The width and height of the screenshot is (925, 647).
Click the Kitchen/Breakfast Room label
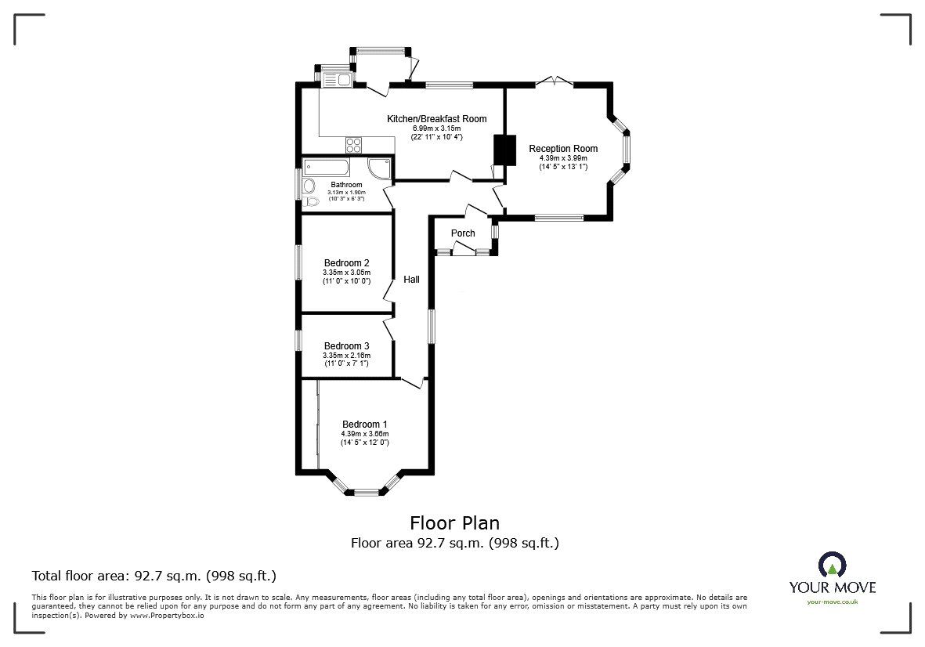pyautogui.click(x=436, y=119)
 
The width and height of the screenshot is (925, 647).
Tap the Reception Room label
pyautogui.click(x=562, y=149)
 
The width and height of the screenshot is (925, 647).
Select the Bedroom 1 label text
pyautogui.click(x=364, y=425)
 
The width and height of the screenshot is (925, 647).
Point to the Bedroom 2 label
pyautogui.click(x=346, y=263)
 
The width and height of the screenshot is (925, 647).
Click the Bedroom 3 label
pyautogui.click(x=346, y=346)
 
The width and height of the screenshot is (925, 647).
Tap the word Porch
pyautogui.click(x=463, y=233)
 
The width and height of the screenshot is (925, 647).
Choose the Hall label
pyautogui.click(x=411, y=280)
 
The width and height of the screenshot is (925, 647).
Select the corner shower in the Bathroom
pyautogui.click(x=379, y=168)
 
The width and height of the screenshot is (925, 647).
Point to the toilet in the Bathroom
pyautogui.click(x=312, y=202)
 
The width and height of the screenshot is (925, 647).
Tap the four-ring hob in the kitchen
pyautogui.click(x=354, y=145)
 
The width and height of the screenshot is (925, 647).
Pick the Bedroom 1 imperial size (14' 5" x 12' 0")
pyautogui.click(x=364, y=443)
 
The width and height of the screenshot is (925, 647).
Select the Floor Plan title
pyautogui.click(x=454, y=522)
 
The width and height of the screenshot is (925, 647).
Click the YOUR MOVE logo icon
pyautogui.click(x=832, y=564)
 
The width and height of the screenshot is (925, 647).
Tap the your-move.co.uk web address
pyautogui.click(x=832, y=602)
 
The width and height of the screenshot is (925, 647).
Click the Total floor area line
pyautogui.click(x=154, y=576)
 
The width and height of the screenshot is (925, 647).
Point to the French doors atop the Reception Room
pyautogui.click(x=555, y=81)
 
